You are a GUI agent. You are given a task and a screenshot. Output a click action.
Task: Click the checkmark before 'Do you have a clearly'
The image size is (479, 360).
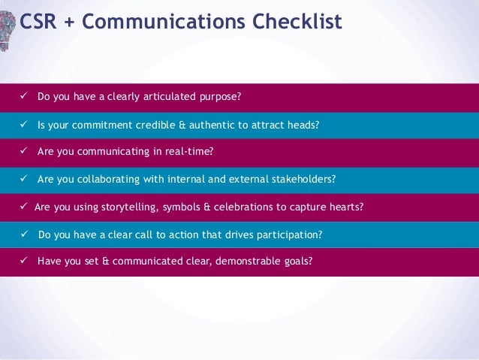(24, 97)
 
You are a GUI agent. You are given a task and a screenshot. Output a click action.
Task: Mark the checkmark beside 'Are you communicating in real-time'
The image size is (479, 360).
(24, 152)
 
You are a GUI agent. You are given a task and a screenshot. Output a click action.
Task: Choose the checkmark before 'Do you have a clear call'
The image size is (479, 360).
(24, 234)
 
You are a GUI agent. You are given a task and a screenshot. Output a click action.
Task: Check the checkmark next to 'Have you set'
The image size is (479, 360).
(24, 262)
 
